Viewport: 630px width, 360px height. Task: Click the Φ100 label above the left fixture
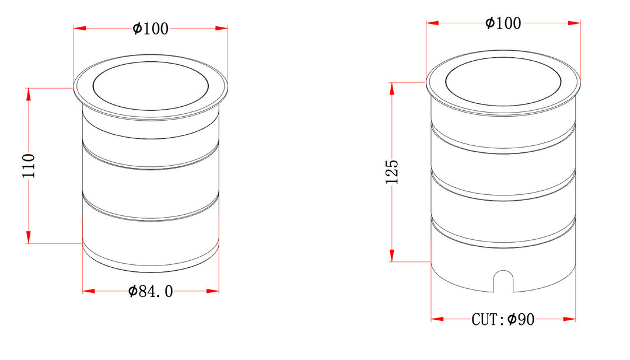[150, 29]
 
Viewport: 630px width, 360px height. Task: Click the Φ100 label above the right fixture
[503, 23]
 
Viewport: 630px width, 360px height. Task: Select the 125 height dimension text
[392, 172]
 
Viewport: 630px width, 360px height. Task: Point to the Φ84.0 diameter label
[150, 291]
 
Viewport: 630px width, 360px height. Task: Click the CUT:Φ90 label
[503, 320]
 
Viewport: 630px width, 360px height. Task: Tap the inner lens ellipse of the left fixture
[150, 61]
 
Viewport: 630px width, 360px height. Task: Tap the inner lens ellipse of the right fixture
[503, 57]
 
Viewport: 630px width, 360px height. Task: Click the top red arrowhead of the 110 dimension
[29, 95]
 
